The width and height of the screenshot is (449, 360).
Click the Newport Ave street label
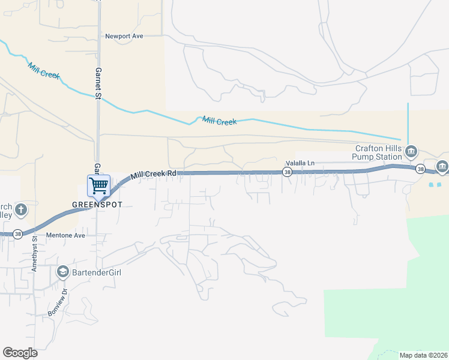[x=124, y=36]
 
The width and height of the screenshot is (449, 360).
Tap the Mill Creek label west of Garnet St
[x=43, y=70]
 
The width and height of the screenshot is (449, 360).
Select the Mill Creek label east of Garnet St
[x=219, y=121]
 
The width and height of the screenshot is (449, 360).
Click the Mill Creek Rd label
[x=154, y=174]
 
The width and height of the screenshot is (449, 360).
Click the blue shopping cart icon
[x=98, y=185]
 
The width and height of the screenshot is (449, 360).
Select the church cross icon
[x=21, y=209]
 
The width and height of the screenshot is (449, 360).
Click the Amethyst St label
[x=35, y=254]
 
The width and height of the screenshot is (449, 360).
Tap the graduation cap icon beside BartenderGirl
[x=62, y=272]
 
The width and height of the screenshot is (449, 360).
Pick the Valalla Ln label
[x=300, y=163]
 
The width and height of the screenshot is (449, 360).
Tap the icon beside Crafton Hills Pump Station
[x=411, y=150]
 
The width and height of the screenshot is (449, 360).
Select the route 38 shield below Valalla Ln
[x=287, y=173]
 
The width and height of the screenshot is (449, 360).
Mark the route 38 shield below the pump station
[x=421, y=169]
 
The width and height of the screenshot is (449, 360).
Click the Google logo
[x=20, y=353]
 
